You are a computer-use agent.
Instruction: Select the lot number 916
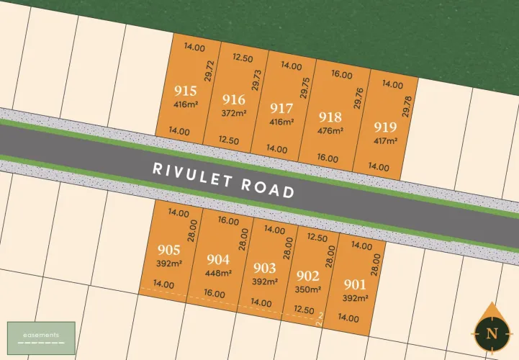234,99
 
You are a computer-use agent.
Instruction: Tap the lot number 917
281,109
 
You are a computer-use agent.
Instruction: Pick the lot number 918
330,117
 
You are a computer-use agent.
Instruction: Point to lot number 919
386,127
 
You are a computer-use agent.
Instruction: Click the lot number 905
168,251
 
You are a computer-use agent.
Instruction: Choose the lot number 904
218,260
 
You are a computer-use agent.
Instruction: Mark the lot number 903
265,269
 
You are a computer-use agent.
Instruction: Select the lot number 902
307,276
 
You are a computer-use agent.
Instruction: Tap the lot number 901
355,284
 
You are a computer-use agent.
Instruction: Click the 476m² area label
330,131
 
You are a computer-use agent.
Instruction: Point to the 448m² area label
218,273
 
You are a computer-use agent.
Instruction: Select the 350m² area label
307,289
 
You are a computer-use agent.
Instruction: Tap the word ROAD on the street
268,189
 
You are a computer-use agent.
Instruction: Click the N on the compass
492,333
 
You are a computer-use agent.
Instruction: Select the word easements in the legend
41,335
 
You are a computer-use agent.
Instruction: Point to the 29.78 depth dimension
409,107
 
